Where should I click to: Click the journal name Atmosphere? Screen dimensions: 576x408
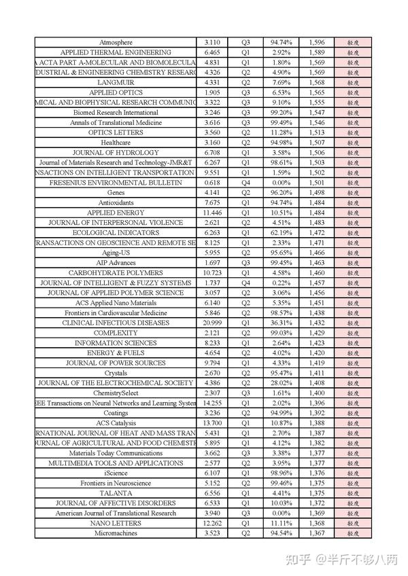[116, 42]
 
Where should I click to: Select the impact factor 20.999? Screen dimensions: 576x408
[211, 323]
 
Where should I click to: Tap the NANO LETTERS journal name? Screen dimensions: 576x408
[116, 523]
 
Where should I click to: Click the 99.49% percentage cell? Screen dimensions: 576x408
[281, 122]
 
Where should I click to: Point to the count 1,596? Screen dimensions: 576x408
[316, 42]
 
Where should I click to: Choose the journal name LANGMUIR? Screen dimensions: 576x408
[116, 82]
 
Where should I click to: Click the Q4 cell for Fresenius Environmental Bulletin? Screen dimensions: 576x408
[245, 183]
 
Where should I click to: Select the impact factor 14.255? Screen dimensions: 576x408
[211, 403]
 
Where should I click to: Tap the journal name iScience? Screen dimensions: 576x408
[116, 473]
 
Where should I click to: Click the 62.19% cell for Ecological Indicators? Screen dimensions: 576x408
[281, 232]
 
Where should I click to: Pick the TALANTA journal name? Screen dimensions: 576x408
[116, 493]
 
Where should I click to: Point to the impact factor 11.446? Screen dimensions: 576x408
[211, 213]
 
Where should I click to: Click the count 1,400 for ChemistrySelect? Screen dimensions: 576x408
[316, 393]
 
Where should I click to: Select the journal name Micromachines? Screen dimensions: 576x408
[116, 533]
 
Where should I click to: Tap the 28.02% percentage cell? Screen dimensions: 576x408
[281, 382]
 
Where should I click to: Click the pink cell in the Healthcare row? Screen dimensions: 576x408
[353, 143]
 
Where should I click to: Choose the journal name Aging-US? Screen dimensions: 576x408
[116, 253]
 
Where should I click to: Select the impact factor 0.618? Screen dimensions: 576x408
[211, 183]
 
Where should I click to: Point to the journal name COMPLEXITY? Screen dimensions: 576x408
[116, 333]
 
